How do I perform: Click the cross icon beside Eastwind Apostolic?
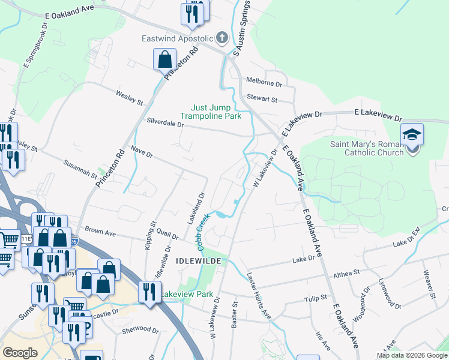point(222,38)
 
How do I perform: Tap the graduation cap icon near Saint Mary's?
point(412,134)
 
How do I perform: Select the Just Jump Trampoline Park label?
point(215,112)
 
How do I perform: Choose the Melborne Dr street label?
point(264,83)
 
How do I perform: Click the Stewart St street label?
point(262,99)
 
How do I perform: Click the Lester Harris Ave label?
point(259,295)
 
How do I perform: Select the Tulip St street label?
point(315,297)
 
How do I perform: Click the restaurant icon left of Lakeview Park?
point(148,292)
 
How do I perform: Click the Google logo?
point(20,353)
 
